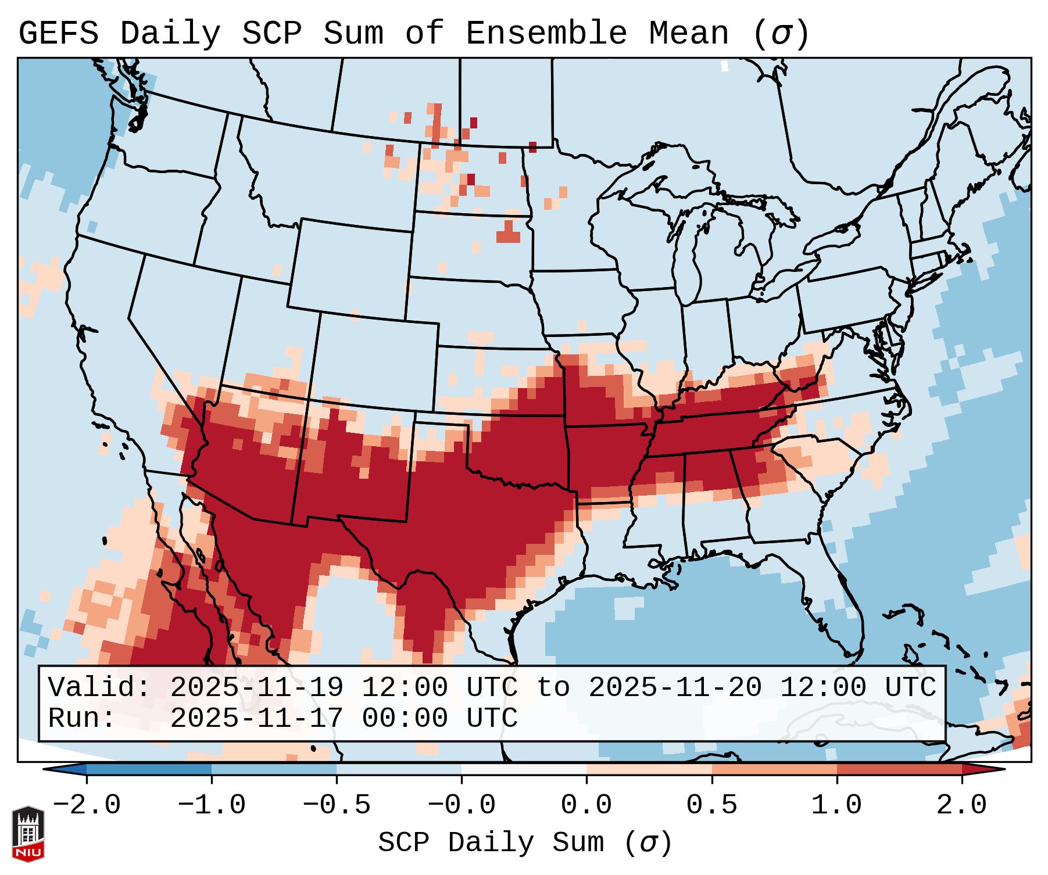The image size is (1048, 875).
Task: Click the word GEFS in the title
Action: (x=58, y=33)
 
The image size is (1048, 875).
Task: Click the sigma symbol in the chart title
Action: (x=781, y=33)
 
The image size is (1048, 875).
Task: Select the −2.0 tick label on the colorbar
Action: (x=86, y=805)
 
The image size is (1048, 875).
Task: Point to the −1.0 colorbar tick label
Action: (x=211, y=805)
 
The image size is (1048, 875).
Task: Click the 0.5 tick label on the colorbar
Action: (x=711, y=805)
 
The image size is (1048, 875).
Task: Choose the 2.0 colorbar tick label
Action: (x=961, y=805)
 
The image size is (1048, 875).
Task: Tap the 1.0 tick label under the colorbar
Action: (x=836, y=805)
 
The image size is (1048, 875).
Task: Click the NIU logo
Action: (x=28, y=834)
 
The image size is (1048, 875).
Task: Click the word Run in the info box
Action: (x=74, y=718)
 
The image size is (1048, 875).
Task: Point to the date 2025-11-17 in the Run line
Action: (x=256, y=718)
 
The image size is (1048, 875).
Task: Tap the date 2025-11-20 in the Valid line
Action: (x=675, y=687)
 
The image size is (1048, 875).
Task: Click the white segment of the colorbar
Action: (x=524, y=769)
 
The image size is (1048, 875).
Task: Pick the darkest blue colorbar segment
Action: (x=149, y=769)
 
